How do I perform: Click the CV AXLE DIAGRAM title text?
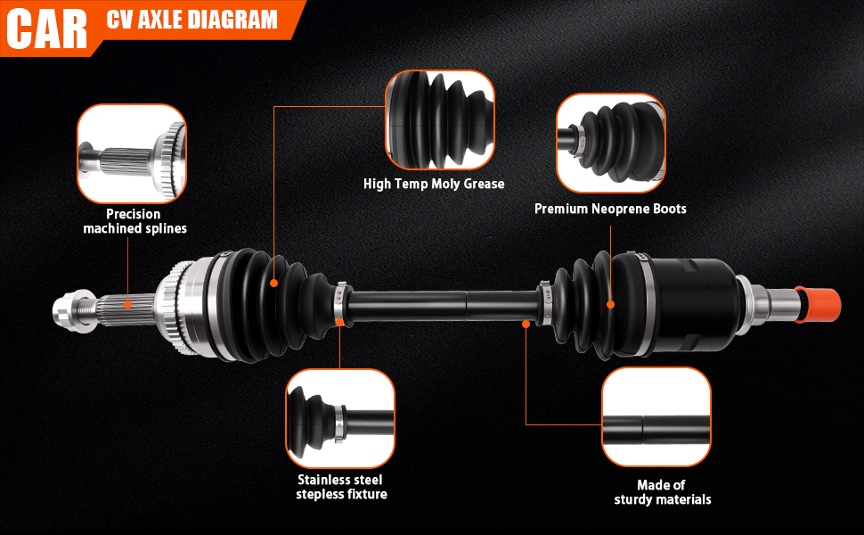(x=192, y=20)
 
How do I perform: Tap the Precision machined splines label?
(x=134, y=221)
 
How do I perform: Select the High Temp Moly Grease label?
(x=434, y=184)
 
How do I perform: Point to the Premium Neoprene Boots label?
(x=610, y=209)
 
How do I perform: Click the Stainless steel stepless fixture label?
(x=341, y=487)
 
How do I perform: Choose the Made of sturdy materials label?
(x=662, y=492)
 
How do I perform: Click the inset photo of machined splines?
(x=132, y=153)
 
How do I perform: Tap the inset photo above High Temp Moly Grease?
(x=439, y=120)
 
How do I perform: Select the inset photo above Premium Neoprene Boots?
(x=611, y=143)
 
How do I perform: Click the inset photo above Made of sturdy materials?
(x=656, y=416)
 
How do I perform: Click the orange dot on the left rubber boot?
(x=273, y=283)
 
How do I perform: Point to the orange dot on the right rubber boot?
(x=611, y=305)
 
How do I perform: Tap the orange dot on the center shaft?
(x=526, y=324)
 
